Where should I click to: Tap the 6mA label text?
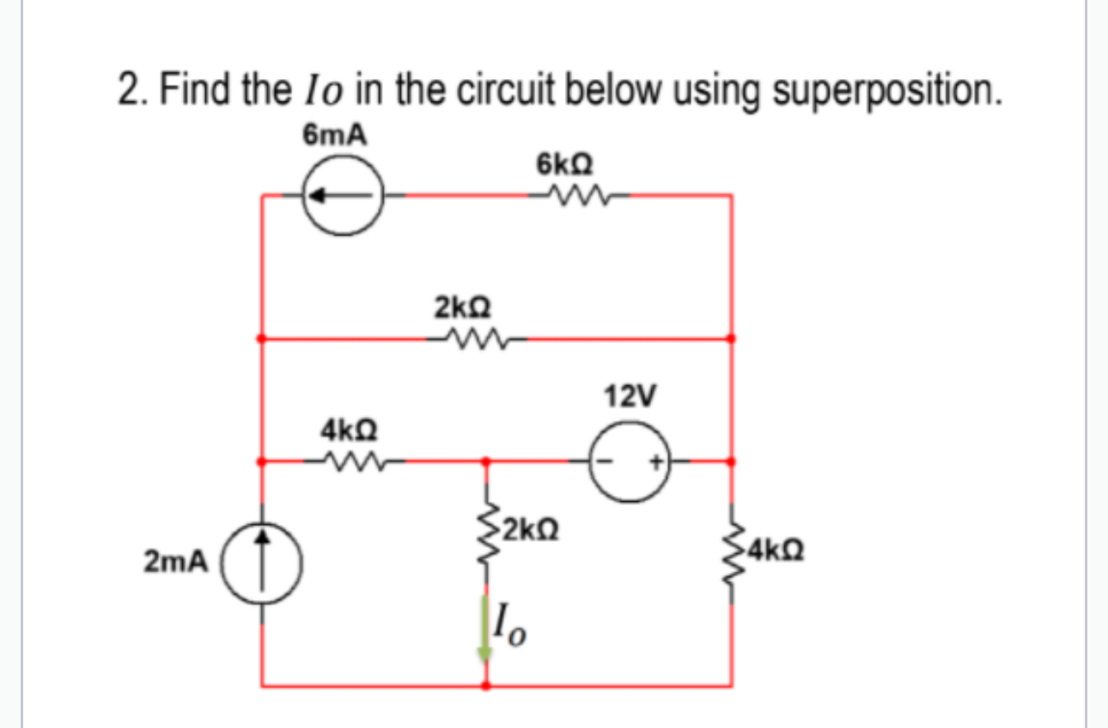coord(332,135)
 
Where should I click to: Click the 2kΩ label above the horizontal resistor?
coord(463,307)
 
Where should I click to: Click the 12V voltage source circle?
coord(633,462)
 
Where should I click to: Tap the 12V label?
coord(631,397)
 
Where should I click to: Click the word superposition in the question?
coord(888,92)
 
